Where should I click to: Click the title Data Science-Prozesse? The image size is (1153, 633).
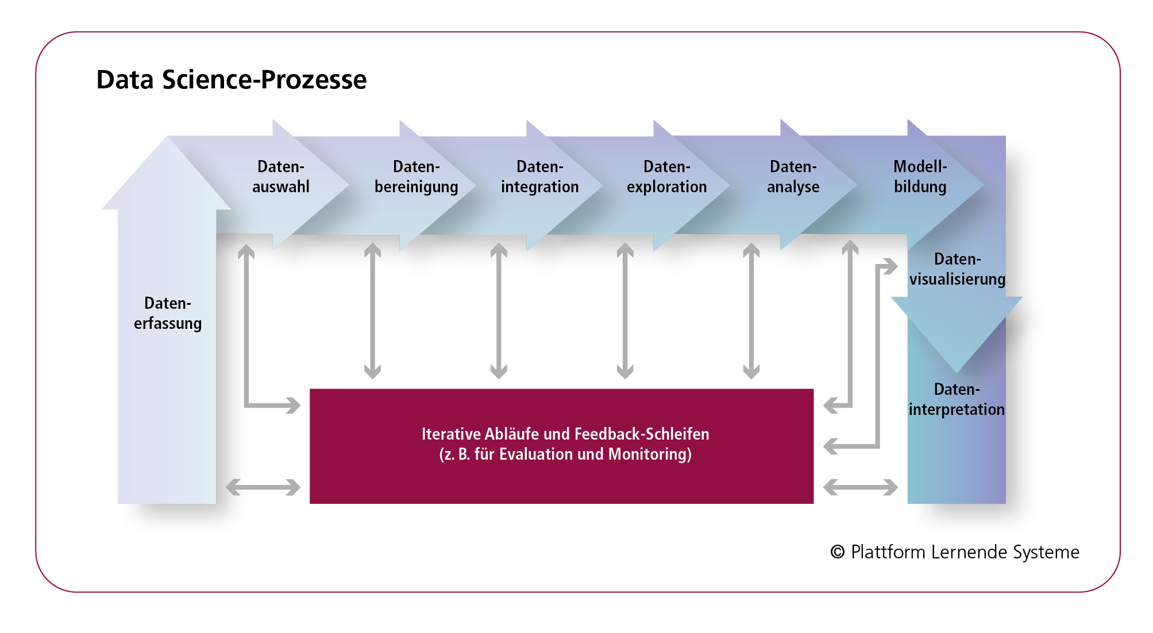coord(231,79)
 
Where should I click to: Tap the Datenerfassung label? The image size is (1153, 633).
coord(168,313)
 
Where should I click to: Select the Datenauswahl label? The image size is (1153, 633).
coord(281,177)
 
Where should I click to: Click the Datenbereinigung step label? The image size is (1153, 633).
coord(417,177)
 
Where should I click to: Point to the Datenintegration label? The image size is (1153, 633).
coord(540,177)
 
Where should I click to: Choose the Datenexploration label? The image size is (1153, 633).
coord(667,177)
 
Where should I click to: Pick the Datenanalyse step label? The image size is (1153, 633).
coord(793,177)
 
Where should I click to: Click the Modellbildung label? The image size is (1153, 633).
coord(920,177)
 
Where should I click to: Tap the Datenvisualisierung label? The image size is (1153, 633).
coord(958,269)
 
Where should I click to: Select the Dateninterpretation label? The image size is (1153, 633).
coord(957,399)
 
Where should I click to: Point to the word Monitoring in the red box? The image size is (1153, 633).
coord(650,454)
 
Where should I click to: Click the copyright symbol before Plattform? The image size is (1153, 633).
coord(838,552)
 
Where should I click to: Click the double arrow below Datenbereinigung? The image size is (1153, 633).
coord(373,310)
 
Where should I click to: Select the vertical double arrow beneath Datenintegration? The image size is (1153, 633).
coord(499,310)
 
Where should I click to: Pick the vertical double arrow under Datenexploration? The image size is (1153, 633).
coord(625,310)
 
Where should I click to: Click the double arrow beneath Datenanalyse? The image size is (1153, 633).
coord(751,310)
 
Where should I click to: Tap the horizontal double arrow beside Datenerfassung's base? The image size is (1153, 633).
coord(263,487)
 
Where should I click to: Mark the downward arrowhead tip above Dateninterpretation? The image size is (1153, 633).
coord(957,374)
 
